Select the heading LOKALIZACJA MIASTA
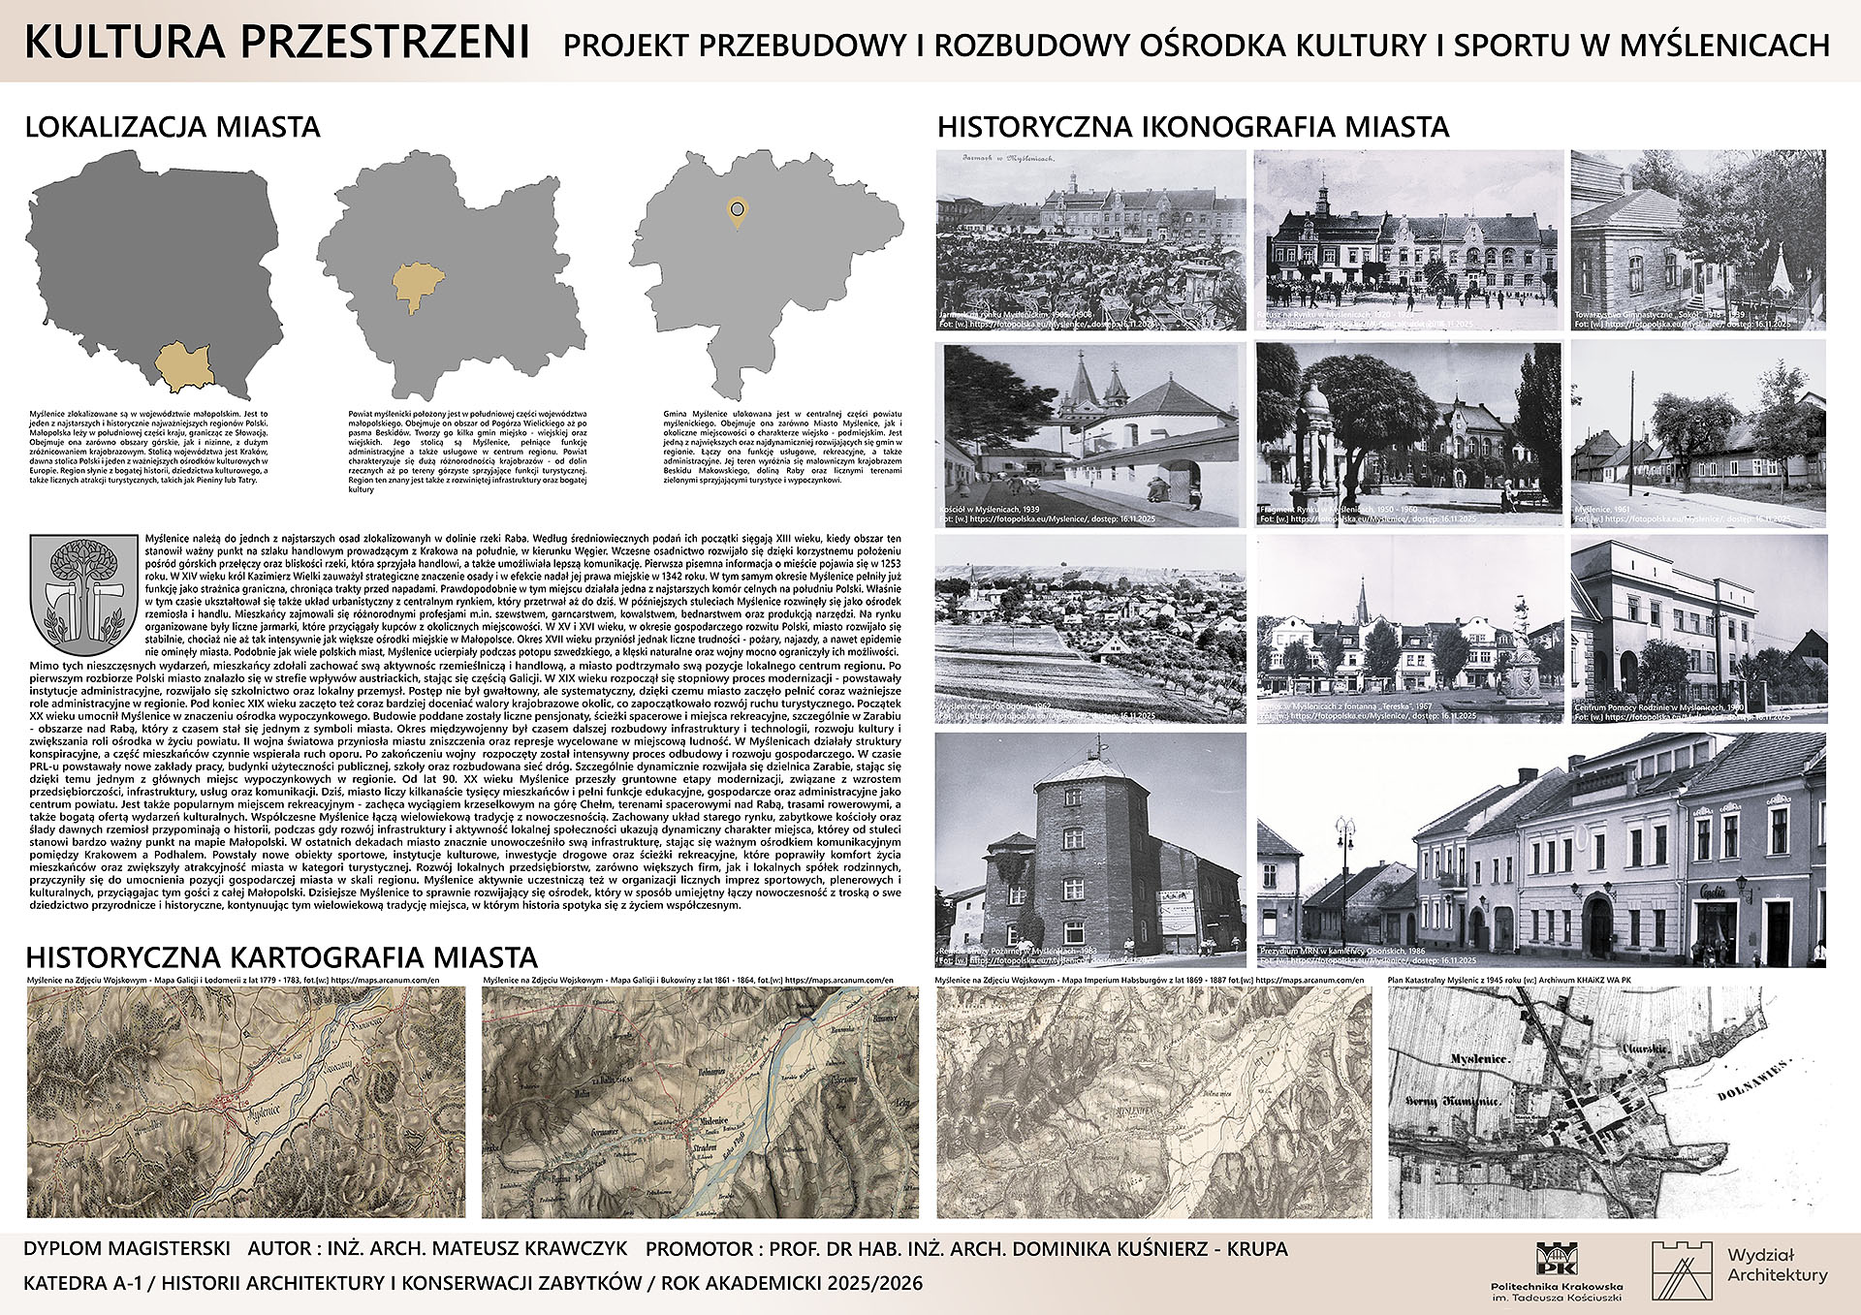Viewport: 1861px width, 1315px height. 173,127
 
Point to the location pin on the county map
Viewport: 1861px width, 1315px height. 738,212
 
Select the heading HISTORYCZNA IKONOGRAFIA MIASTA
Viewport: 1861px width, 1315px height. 1193,127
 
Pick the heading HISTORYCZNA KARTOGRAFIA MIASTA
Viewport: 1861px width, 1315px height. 281,957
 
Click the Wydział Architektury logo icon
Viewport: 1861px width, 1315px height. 1682,1269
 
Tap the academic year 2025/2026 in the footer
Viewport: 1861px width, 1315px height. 874,1283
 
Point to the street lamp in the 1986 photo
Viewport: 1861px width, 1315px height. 1344,853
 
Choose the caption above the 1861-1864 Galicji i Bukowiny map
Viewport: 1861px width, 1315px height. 687,980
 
